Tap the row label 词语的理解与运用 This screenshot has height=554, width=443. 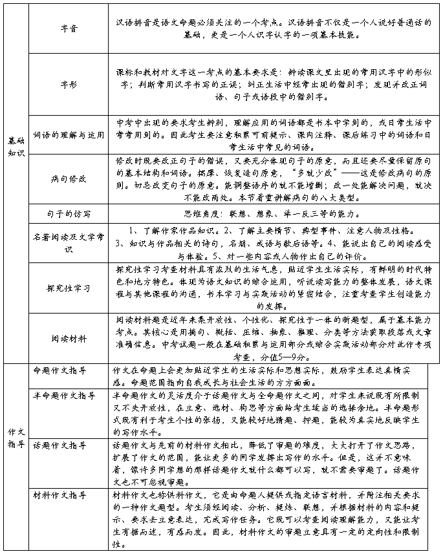click(x=68, y=135)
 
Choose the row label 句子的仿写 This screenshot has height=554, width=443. click(x=68, y=212)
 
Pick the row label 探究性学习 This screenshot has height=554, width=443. click(x=68, y=287)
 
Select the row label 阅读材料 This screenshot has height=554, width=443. click(x=68, y=337)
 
